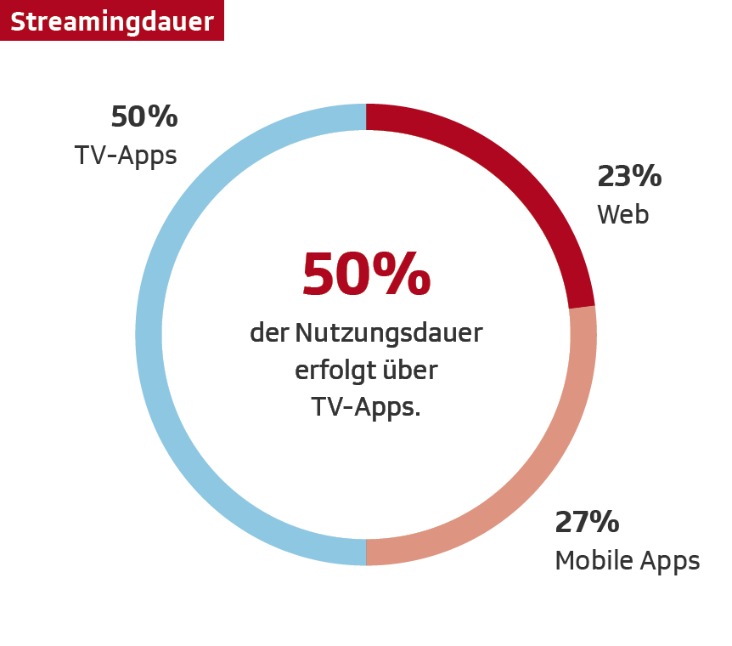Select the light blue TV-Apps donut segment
(149, 335)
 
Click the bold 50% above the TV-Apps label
(144, 116)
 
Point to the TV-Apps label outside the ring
(126, 156)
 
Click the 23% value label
(629, 176)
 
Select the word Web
(622, 214)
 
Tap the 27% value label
(587, 522)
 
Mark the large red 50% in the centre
(366, 275)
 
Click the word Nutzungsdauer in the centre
(388, 333)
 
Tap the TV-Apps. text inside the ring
(366, 408)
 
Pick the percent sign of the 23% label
(647, 176)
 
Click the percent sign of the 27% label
(605, 522)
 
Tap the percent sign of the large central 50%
(405, 275)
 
